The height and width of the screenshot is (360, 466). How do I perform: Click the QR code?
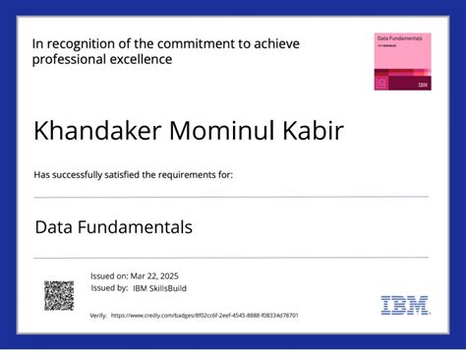click(x=59, y=295)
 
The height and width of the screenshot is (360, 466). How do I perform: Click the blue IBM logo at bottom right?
click(x=405, y=305)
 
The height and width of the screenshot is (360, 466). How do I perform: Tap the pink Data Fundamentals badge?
click(x=401, y=62)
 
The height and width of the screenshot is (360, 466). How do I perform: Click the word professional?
click(x=69, y=60)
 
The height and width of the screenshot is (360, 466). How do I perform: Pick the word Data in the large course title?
click(x=54, y=227)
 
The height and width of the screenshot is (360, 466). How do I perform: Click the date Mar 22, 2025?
click(x=156, y=276)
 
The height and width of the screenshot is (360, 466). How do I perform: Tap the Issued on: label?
click(x=108, y=276)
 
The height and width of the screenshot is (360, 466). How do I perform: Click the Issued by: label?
click(x=108, y=288)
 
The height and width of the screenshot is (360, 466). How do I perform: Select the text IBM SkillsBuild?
click(x=160, y=288)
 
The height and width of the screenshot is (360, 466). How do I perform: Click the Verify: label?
click(x=97, y=316)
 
